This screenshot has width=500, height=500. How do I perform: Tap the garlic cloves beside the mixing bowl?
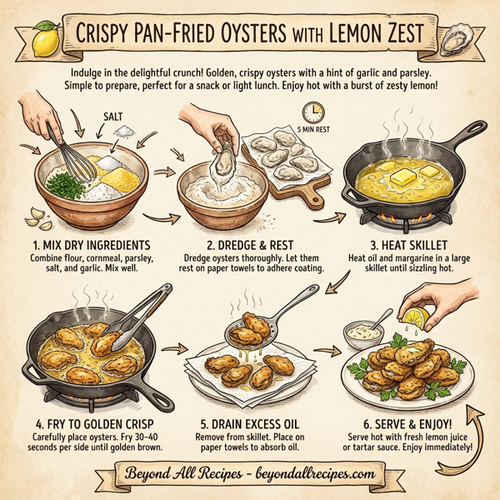[x=35, y=218]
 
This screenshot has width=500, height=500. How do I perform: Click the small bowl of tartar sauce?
[x=362, y=335]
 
